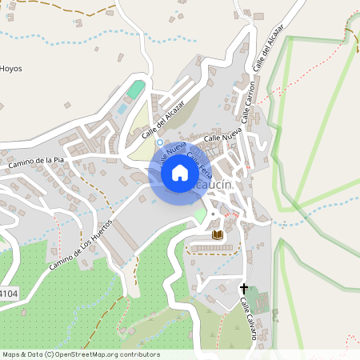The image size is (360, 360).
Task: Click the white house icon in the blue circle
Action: tap(180, 172)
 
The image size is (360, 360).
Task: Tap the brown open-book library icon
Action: tap(217, 235)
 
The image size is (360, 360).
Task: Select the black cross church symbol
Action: tap(244, 287)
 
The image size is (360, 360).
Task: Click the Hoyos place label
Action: tap(11, 69)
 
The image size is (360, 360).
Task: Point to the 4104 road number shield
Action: tap(9, 294)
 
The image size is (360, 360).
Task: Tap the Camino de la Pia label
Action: tap(36, 162)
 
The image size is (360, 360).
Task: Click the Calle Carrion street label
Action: tap(250, 98)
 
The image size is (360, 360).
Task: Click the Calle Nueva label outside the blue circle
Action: tap(222, 138)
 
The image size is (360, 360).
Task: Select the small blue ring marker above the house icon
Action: tap(160, 142)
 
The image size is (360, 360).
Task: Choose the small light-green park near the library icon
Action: tap(200, 215)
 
